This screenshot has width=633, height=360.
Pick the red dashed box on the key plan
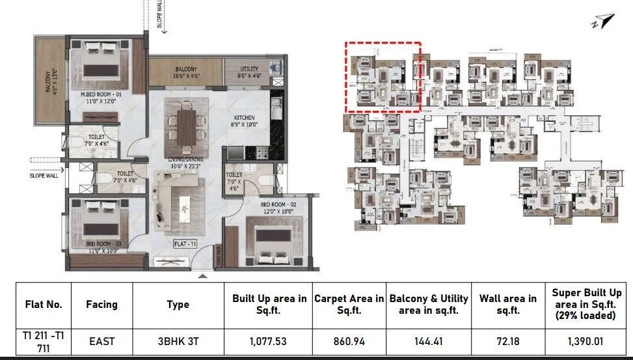click(383, 76)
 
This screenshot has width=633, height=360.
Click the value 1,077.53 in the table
click(267, 340)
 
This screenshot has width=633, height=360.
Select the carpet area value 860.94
click(349, 340)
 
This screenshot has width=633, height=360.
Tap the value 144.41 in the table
click(429, 340)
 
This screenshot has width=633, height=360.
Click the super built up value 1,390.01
click(587, 340)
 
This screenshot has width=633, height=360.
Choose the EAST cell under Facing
click(101, 340)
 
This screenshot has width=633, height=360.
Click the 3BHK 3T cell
click(178, 340)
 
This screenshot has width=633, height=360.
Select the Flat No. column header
click(43, 304)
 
